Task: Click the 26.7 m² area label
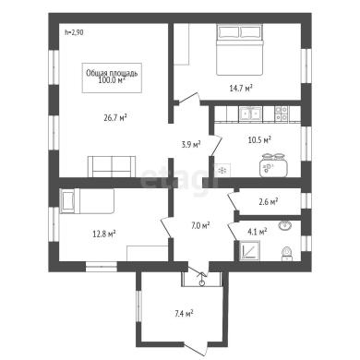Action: pos(115,117)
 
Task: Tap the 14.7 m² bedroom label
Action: pos(241,89)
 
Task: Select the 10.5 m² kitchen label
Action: pos(259,140)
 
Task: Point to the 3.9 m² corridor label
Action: pos(191,144)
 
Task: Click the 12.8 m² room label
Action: pos(104,234)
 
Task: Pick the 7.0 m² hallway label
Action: pos(200,225)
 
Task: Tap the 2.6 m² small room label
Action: pos(269,202)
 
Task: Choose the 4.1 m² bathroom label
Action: pos(258,232)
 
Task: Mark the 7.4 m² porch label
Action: pos(184,314)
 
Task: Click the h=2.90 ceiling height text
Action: pos(74,32)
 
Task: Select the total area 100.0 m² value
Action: pos(112,80)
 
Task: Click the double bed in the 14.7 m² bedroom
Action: pos(240,50)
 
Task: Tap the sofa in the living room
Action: pos(112,166)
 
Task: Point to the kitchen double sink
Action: pos(251,114)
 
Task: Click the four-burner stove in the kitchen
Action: pos(282,114)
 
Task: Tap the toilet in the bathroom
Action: pos(287,253)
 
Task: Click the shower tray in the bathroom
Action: pos(249,251)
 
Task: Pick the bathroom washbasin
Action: pos(285,226)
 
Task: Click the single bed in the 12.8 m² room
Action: pos(88,201)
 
